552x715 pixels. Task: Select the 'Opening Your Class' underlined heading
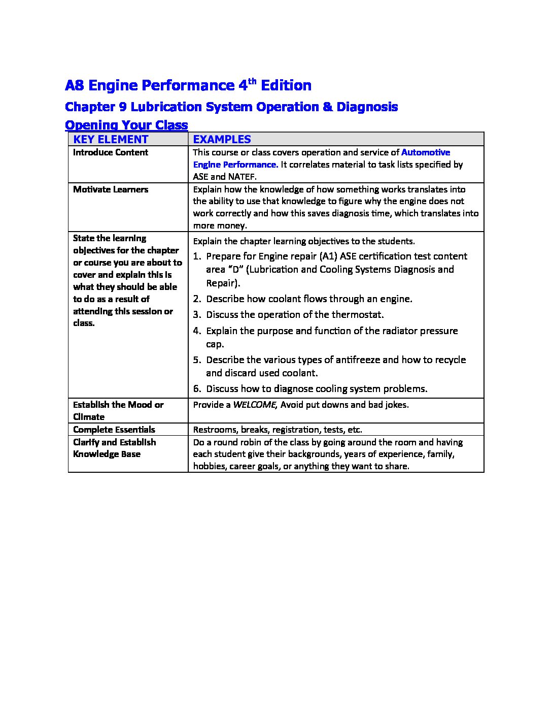pyautogui.click(x=126, y=125)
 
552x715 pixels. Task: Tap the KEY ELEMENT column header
pyautogui.click(x=111, y=139)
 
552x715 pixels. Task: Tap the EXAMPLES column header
pyautogui.click(x=222, y=139)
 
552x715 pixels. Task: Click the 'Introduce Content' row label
pyautogui.click(x=111, y=152)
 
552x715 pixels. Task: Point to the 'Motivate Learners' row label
pyautogui.click(x=111, y=189)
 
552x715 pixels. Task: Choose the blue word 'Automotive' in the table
pyautogui.click(x=425, y=152)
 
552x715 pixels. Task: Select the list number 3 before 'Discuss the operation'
pyautogui.click(x=196, y=315)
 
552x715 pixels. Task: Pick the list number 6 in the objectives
pyautogui.click(x=196, y=389)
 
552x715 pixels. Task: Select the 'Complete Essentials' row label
pyautogui.click(x=114, y=430)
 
